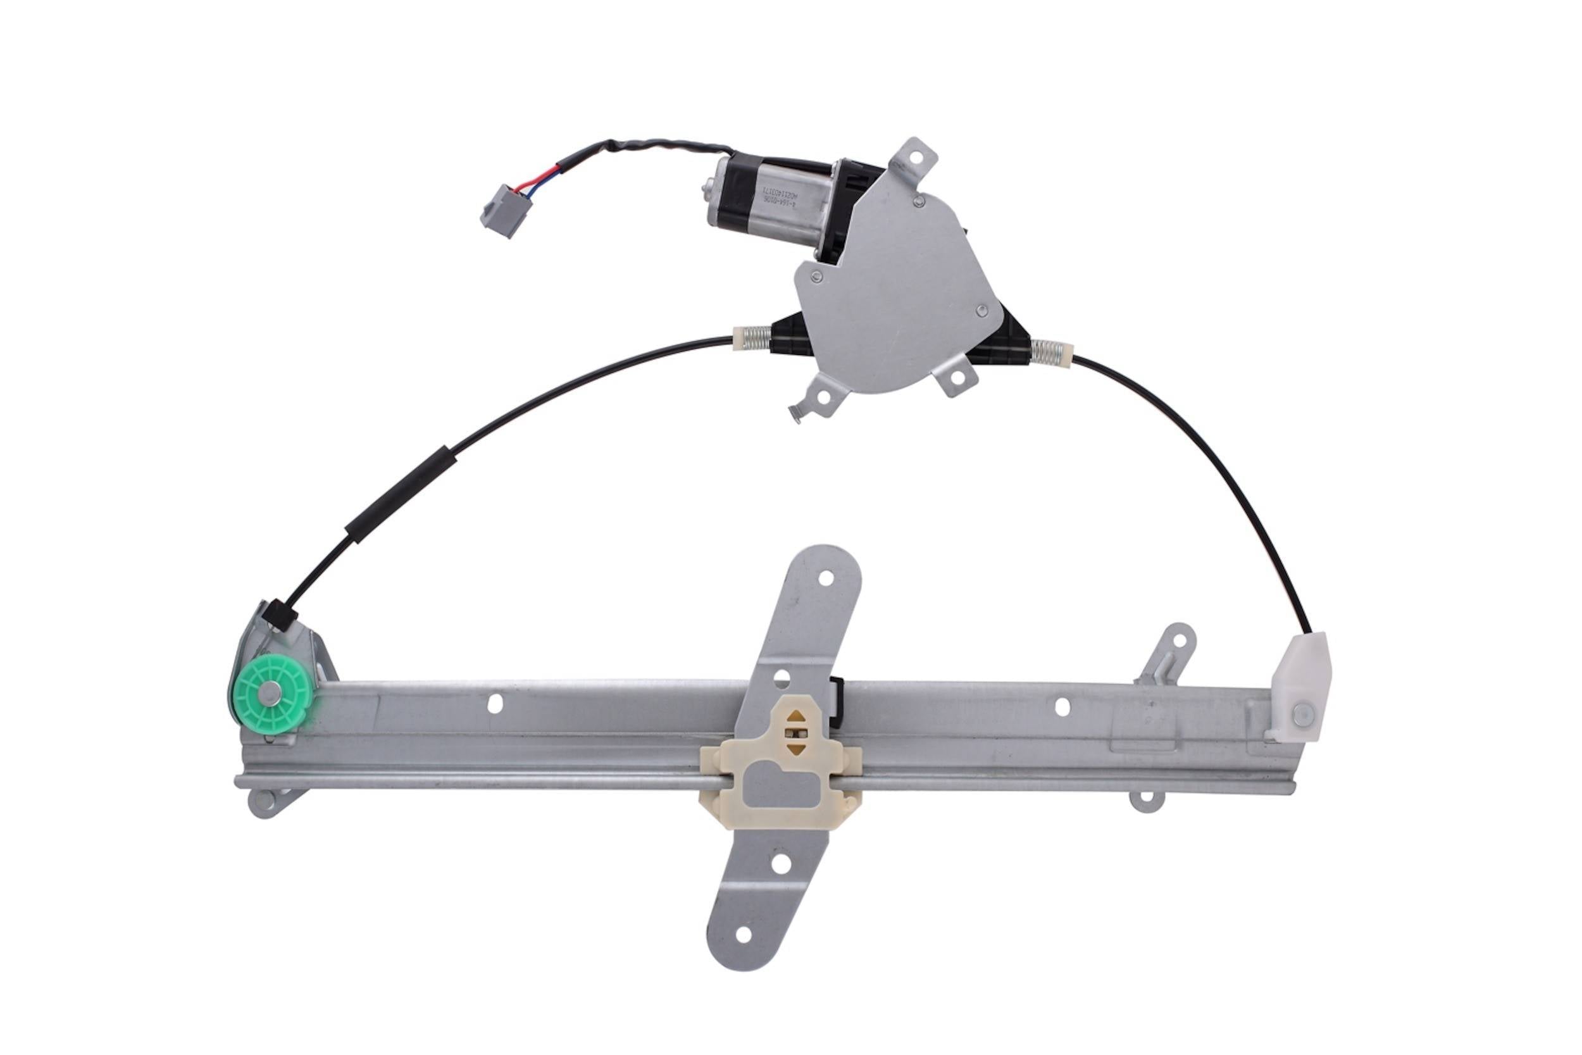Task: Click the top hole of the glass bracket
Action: [x=826, y=578]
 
